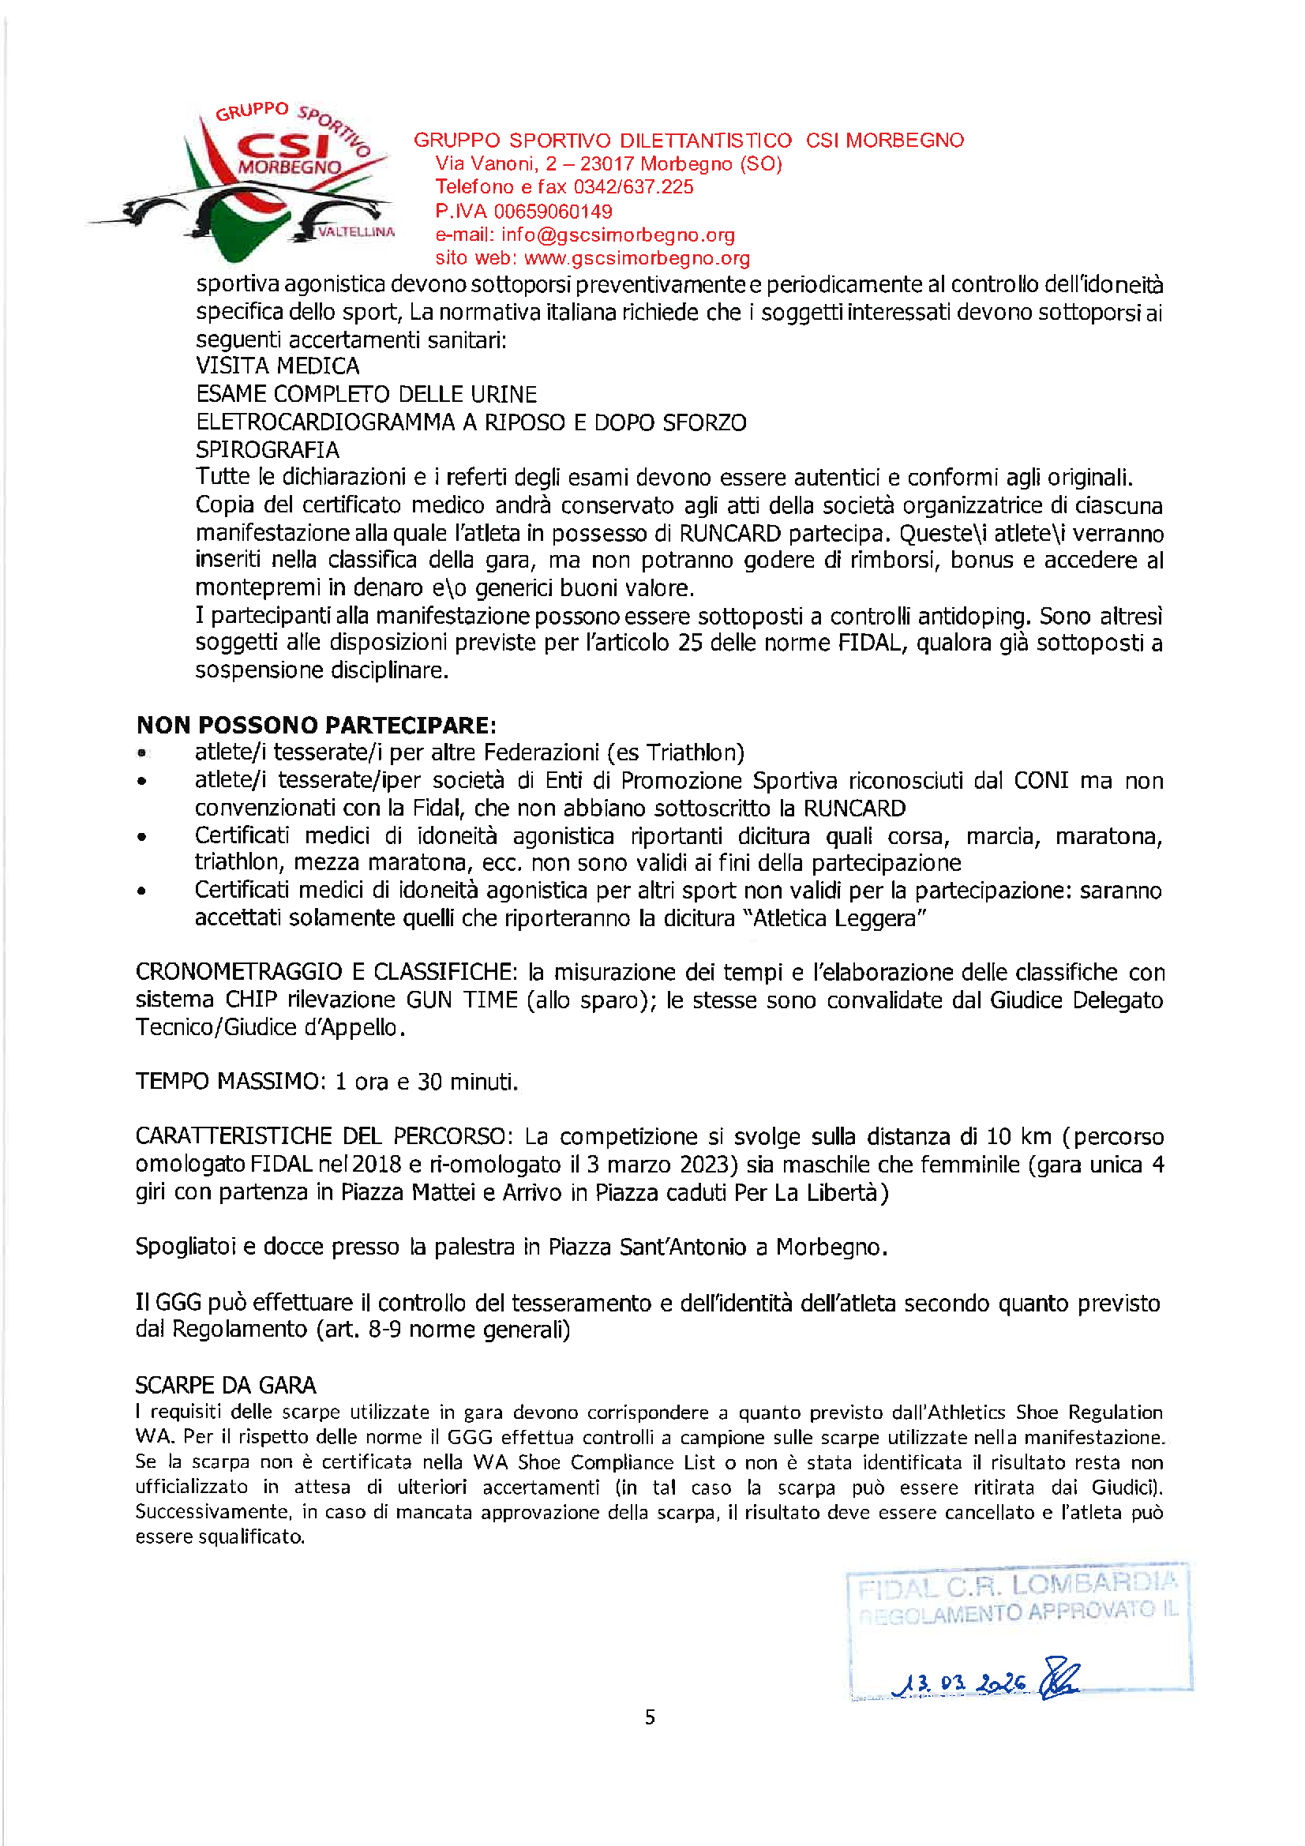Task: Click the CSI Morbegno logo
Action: tap(242, 181)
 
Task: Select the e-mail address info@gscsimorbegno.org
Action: tap(617, 235)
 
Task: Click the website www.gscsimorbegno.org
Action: tap(637, 258)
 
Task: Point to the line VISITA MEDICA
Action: tap(277, 366)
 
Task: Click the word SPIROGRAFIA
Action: tap(267, 449)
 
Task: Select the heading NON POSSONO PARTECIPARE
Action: tap(316, 725)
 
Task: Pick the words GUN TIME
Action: tap(462, 1000)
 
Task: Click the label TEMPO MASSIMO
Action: tap(227, 1082)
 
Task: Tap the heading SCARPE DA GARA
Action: tap(226, 1386)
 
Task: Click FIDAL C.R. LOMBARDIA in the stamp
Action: tap(1017, 1585)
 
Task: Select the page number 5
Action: tap(650, 1717)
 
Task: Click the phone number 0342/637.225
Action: tap(633, 187)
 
